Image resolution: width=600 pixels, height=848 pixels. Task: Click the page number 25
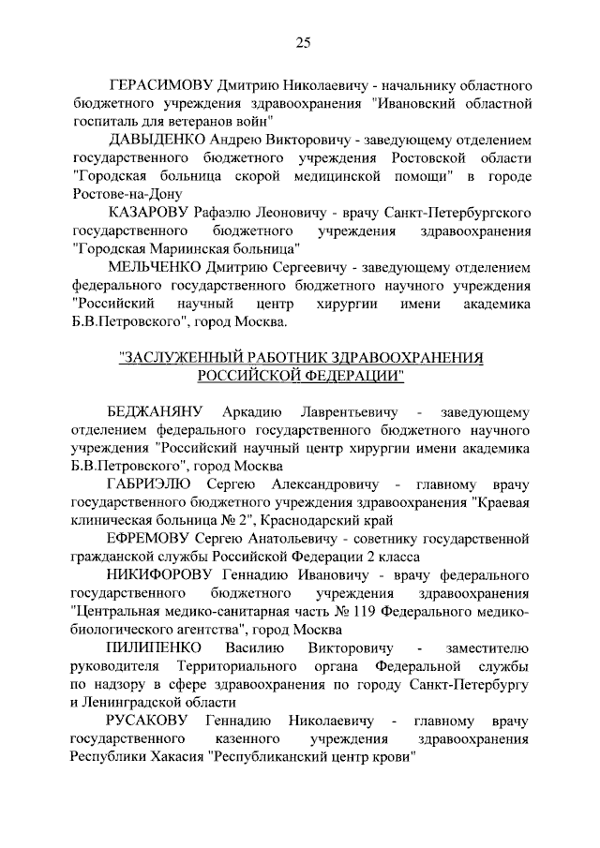coord(303,40)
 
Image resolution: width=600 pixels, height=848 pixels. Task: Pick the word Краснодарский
coord(305,519)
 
